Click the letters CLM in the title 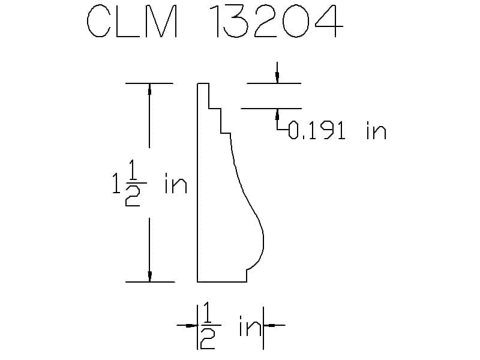132,22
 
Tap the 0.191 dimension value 317,130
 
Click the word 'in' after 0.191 377,131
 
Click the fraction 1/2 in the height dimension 133,183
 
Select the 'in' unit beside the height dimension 176,184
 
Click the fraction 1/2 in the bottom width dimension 208,325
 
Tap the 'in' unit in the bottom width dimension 250,326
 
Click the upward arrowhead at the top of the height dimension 149,88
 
